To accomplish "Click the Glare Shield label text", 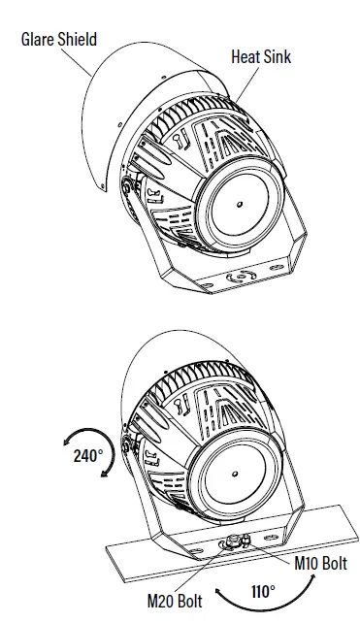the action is pyautogui.click(x=59, y=40).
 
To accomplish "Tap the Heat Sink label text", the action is pyautogui.click(x=261, y=56).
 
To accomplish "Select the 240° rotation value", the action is pyautogui.click(x=88, y=455).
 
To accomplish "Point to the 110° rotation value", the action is pyautogui.click(x=263, y=592).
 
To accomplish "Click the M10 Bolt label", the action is pyautogui.click(x=320, y=564).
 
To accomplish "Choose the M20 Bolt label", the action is pyautogui.click(x=175, y=601).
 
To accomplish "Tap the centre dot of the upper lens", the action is pyautogui.click(x=240, y=205).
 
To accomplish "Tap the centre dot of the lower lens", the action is pyautogui.click(x=235, y=474).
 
